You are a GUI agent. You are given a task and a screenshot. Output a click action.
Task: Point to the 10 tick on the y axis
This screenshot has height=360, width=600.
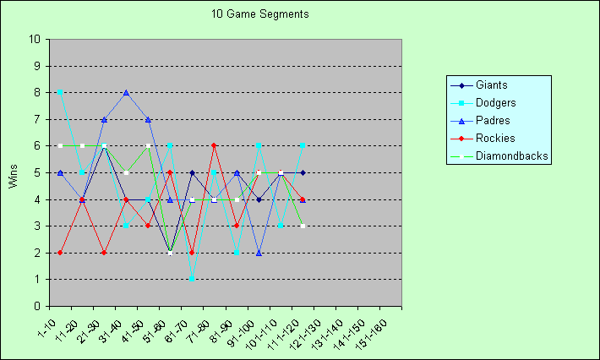pos(34,39)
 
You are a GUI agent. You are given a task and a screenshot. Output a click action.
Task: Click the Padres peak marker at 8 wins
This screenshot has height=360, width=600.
pos(126,93)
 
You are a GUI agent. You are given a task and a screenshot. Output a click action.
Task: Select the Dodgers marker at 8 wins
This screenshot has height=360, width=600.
pos(59,92)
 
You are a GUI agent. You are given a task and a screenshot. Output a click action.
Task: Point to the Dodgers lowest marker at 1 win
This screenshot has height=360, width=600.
pos(193,279)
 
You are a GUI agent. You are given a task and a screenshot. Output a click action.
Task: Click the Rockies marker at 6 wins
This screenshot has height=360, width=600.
pos(215,145)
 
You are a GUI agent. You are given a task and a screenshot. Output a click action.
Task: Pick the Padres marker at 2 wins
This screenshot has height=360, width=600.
pos(259,253)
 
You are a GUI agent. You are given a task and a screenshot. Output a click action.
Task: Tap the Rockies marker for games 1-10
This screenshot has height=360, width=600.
pos(59,253)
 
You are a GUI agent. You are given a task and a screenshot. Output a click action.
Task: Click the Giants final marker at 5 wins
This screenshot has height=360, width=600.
pos(303,172)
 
